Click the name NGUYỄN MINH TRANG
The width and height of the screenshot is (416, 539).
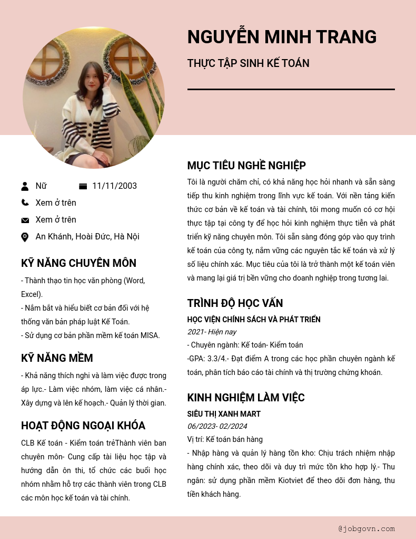pos(282,37)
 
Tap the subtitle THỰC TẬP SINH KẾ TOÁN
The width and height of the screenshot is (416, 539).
pos(248,63)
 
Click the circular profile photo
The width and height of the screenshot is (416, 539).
pos(94,98)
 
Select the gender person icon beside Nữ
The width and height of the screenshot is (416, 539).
pos(25,186)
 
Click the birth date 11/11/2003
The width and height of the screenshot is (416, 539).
pos(114,186)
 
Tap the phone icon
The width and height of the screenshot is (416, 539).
pos(25,203)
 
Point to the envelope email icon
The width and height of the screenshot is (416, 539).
pos(25,220)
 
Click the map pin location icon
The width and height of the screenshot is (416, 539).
pos(25,237)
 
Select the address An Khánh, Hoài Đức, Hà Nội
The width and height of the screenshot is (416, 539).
pos(87,237)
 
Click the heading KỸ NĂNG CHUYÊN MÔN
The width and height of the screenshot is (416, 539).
pos(78,263)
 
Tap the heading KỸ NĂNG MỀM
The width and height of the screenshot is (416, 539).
pos(57,359)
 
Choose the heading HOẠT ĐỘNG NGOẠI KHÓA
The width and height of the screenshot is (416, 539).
pos(83,426)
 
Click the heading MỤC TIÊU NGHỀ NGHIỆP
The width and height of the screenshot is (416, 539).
pos(246,166)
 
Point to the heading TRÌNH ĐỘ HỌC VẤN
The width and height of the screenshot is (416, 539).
pos(235,303)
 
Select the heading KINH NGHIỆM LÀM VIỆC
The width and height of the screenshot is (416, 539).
pos(246,398)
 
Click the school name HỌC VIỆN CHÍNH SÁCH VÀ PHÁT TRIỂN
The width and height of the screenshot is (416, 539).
pos(254,320)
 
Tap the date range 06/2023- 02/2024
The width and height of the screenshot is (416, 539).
pos(217,426)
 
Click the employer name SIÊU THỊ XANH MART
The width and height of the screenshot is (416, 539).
pos(224,414)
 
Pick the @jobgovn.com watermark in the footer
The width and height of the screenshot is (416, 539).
pos(367,528)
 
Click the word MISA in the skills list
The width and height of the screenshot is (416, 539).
pos(150,335)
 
